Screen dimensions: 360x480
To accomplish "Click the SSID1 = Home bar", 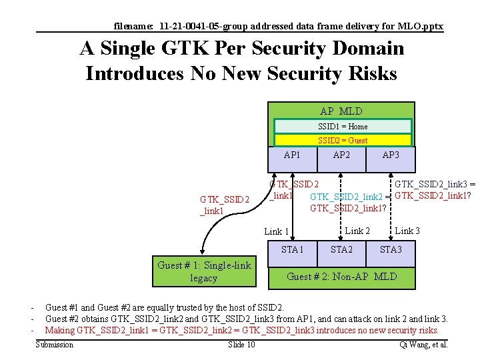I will click(x=343, y=127).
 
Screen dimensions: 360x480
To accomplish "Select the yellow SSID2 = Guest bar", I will click(x=343, y=141).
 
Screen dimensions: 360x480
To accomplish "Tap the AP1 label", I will click(x=292, y=155).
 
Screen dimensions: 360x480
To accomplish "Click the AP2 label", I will click(x=341, y=155).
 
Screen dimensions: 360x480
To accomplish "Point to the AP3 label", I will click(x=391, y=155).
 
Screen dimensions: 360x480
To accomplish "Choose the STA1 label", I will click(x=292, y=250).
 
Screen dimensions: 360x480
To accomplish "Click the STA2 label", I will click(x=341, y=250).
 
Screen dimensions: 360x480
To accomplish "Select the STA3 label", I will click(x=391, y=250).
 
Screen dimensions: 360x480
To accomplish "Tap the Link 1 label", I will click(x=277, y=232).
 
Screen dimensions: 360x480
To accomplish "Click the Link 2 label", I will click(x=357, y=231).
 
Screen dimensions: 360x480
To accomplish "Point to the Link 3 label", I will click(x=408, y=231).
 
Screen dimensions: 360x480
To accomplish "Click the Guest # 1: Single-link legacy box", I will click(x=204, y=271).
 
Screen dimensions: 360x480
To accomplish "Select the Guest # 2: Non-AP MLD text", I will click(x=341, y=276).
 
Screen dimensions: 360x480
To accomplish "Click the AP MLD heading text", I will click(x=341, y=111).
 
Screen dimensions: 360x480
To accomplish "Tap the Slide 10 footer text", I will click(x=241, y=345).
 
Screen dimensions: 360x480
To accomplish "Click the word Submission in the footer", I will click(x=55, y=345).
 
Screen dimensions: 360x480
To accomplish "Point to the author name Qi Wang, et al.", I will click(x=423, y=345).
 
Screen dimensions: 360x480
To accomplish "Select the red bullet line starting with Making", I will click(x=241, y=330).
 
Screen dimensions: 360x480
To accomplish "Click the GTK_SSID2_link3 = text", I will click(x=435, y=184).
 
